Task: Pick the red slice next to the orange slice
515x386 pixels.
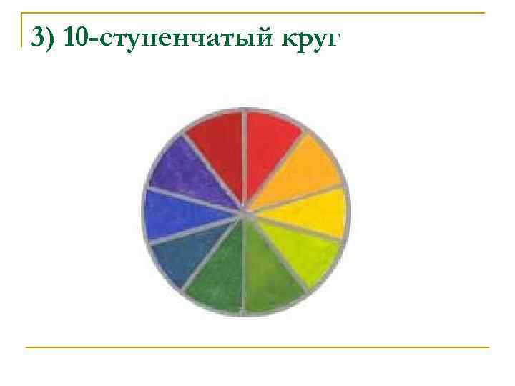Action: [270, 146]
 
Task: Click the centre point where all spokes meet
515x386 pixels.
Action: [245, 212]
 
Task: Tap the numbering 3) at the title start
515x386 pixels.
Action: [44, 36]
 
